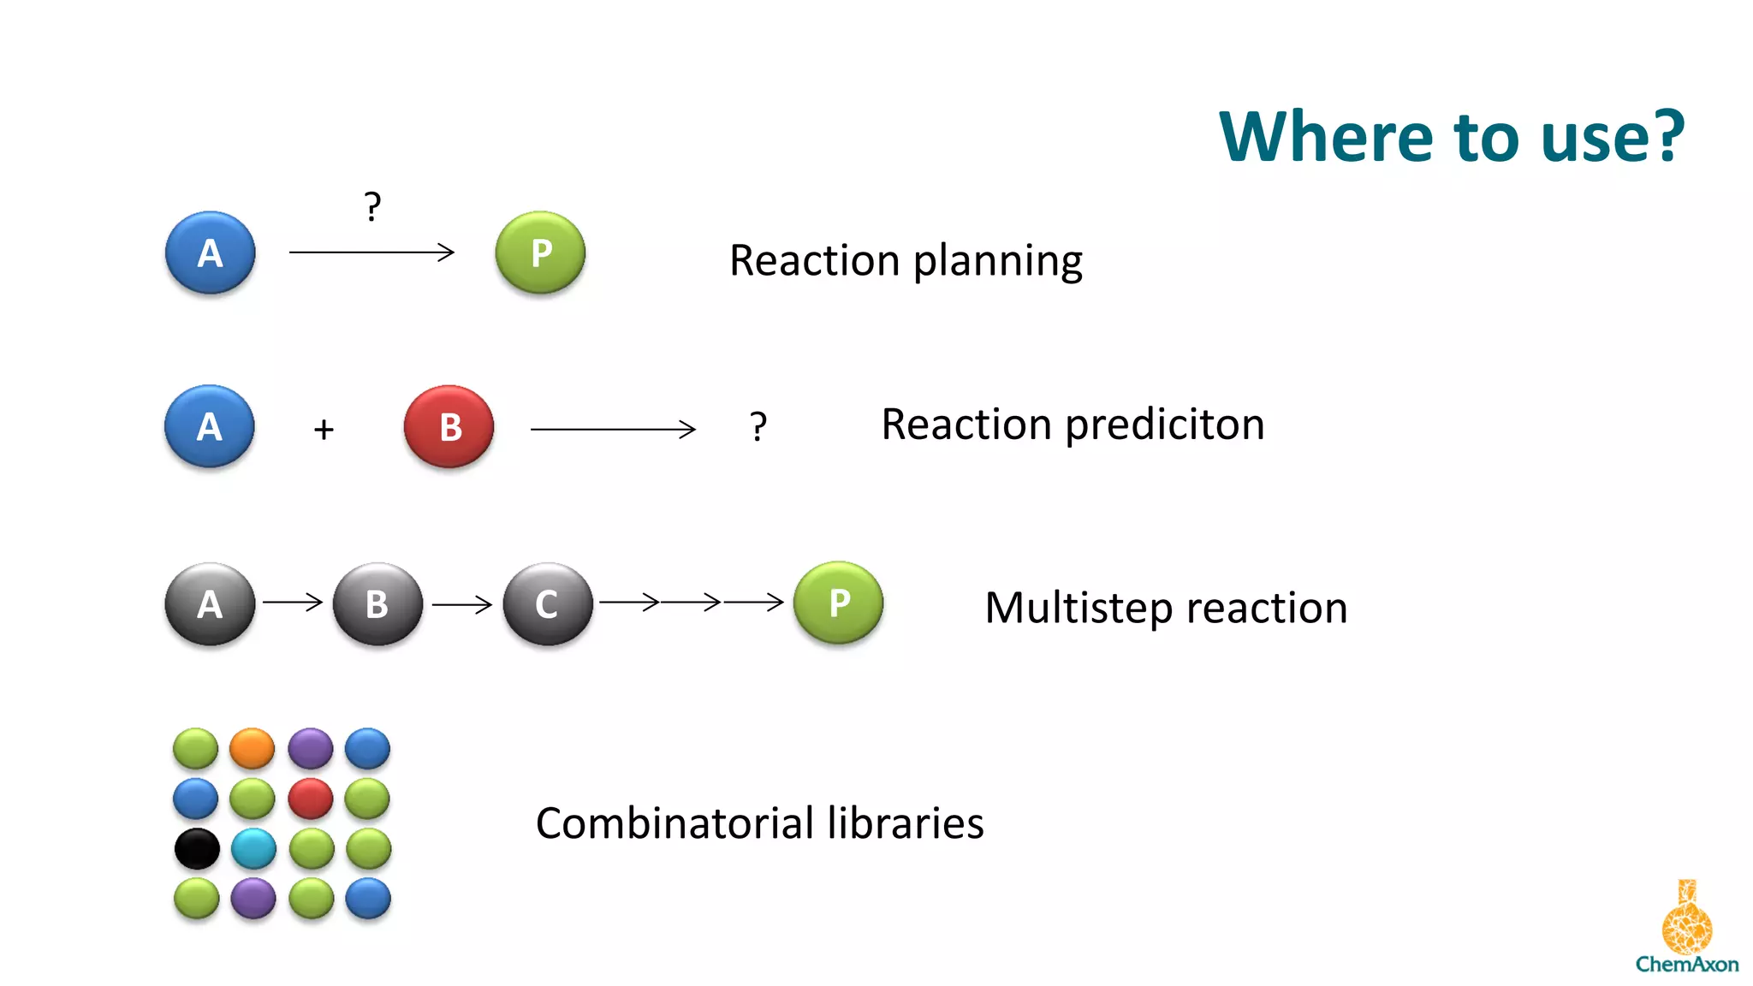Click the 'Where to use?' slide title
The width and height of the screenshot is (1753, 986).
pos(1452,137)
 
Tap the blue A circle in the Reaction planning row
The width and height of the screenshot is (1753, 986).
pos(210,253)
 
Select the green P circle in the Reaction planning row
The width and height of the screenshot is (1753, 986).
pos(540,253)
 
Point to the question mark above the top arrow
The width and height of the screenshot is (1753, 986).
pos(371,207)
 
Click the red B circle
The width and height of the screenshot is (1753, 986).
pos(449,426)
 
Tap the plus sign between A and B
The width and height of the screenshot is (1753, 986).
pos(324,429)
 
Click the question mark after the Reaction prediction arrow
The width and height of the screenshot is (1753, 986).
pos(758,426)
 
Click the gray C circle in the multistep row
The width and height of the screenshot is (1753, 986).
pos(548,604)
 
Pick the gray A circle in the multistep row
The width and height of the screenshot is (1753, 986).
pos(210,604)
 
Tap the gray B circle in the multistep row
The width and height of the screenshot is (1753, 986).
pos(377,604)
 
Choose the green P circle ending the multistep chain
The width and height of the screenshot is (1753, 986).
pos(838,603)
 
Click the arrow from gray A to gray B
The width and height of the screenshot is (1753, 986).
pos(293,603)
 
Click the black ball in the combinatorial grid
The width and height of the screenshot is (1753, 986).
pos(197,849)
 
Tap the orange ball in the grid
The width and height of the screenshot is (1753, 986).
pos(252,749)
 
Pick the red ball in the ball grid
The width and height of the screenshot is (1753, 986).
pos(311,799)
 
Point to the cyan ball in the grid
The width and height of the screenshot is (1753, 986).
pos(253,849)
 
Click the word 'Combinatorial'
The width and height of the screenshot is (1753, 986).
pos(674,823)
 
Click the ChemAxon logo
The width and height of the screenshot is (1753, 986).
pos(1686,930)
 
